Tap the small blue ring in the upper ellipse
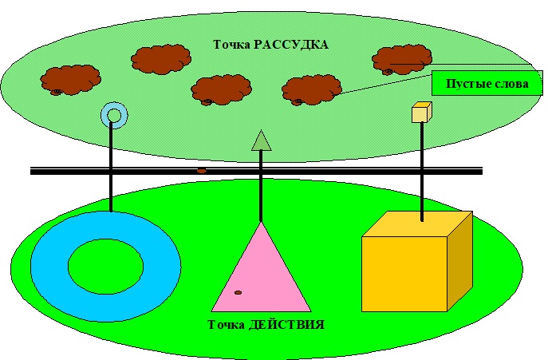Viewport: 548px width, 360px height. tap(113, 116)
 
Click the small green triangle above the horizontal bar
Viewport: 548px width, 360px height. tap(262, 141)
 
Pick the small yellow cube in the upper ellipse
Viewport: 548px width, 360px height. tap(420, 113)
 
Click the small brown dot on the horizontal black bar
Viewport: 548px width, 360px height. tap(202, 171)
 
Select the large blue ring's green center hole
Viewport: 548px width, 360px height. tap(105, 265)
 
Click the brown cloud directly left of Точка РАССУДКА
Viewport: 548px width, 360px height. tap(162, 59)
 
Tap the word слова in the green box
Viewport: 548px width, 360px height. tap(502, 83)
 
